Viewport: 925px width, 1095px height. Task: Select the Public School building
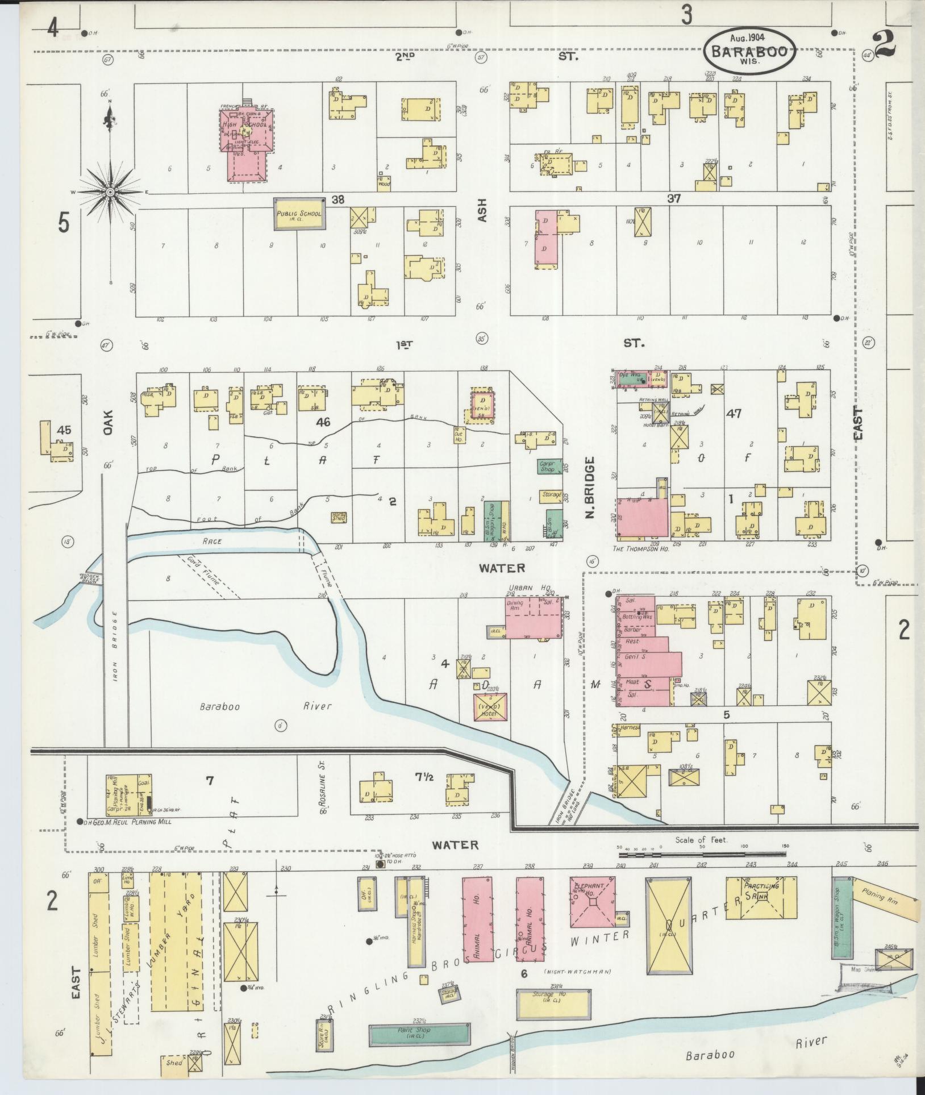[299, 214]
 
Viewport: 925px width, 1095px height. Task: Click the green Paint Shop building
[419, 1035]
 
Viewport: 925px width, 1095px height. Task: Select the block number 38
[339, 199]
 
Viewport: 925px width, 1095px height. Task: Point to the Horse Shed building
[339, 517]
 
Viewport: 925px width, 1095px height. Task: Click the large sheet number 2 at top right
[885, 45]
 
